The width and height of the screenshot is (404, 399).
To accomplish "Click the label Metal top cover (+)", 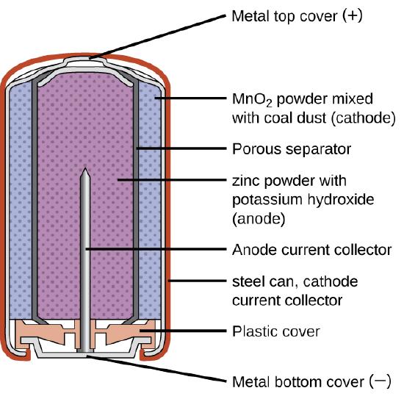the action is click(297, 16).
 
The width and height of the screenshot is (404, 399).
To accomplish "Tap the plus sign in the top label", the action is click(352, 15).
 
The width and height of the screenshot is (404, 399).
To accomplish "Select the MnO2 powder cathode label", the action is click(314, 109).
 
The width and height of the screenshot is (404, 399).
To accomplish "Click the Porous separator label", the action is click(292, 149).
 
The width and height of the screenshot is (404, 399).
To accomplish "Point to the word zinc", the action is click(247, 181).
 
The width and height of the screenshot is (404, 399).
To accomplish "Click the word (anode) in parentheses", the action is click(259, 219).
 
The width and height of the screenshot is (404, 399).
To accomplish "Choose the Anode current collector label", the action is click(311, 250).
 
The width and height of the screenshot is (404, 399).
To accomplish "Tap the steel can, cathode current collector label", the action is click(295, 291).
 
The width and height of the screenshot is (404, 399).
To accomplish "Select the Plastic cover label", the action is click(276, 331).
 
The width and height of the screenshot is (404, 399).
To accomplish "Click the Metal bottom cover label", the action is click(311, 381).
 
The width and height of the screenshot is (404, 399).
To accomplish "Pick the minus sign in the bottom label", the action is click(380, 381).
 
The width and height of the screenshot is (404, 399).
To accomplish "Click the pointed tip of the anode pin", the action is click(84, 168).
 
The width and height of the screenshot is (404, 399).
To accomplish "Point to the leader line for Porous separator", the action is click(181, 148).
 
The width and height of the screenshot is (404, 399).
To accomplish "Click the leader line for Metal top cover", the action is click(157, 37).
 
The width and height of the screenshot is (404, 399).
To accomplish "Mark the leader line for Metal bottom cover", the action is click(156, 368).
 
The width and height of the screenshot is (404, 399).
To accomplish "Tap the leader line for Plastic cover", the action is click(183, 331).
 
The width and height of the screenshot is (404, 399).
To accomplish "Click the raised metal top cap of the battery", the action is click(84, 61).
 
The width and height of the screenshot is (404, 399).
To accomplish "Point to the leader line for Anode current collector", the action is click(156, 249).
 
